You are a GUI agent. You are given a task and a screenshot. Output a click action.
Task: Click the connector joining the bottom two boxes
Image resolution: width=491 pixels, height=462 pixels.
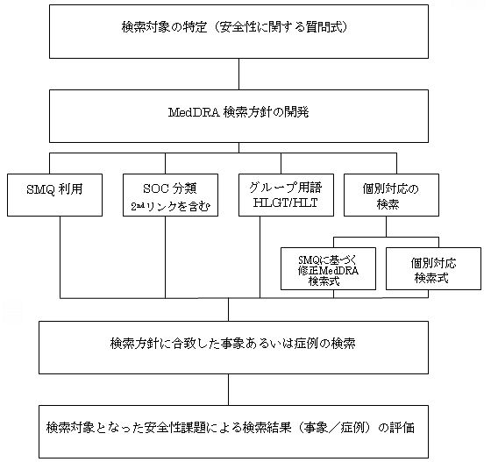(230, 388)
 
